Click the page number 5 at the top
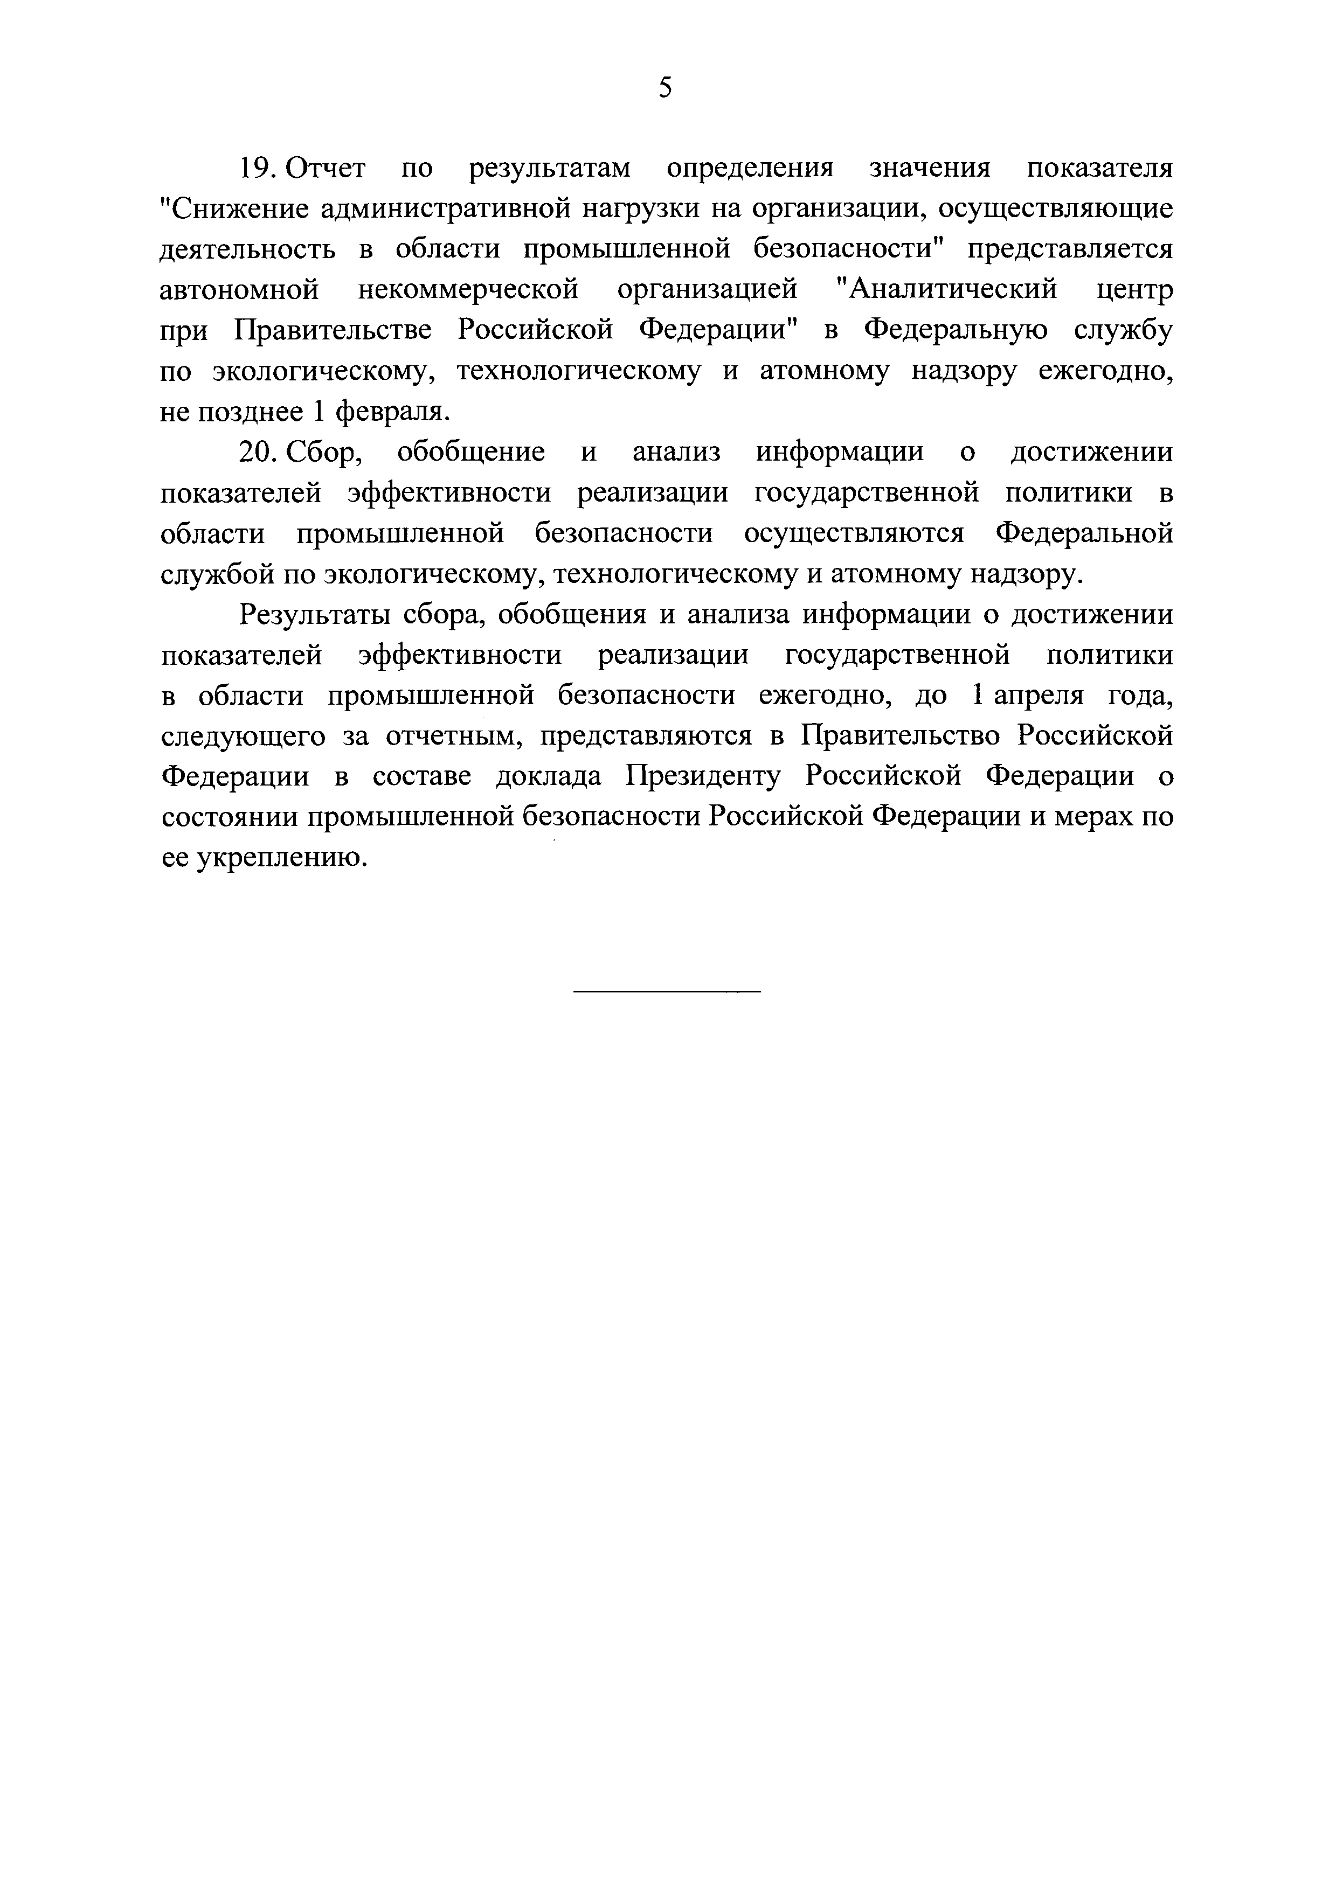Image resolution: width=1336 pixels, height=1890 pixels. (x=666, y=87)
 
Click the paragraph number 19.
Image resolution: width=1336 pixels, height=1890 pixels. (x=257, y=168)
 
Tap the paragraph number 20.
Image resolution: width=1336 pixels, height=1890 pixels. (x=258, y=452)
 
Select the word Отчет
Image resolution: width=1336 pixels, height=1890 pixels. (x=325, y=168)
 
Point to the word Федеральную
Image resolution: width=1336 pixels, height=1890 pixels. (x=956, y=331)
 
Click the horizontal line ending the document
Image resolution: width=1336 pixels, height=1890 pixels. (x=667, y=990)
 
